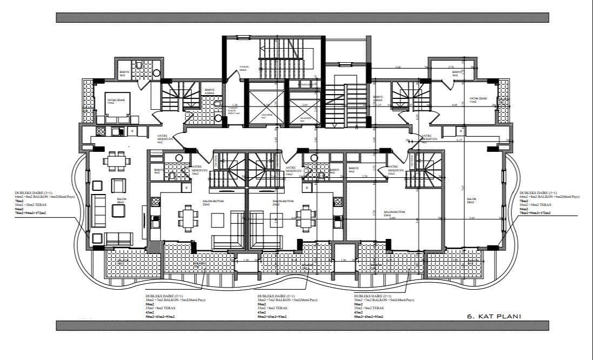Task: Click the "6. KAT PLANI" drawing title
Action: [494, 316]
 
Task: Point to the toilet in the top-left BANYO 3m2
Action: [139, 65]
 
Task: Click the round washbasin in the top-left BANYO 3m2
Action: [156, 73]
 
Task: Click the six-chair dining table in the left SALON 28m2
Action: [115, 161]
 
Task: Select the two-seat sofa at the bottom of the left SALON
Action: [118, 238]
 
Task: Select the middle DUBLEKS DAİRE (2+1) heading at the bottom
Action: [276, 296]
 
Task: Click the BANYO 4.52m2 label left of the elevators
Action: [209, 91]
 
